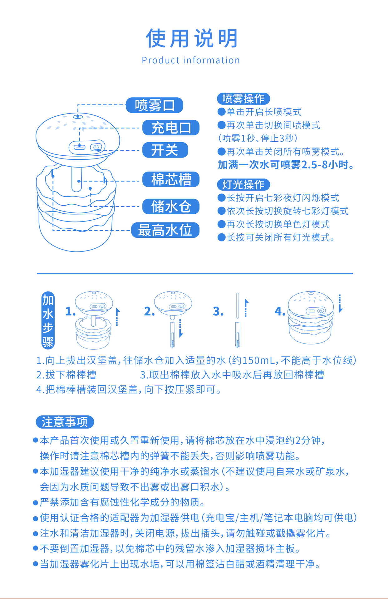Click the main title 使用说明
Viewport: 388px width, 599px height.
tap(191, 38)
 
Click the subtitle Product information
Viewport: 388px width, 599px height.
tap(191, 60)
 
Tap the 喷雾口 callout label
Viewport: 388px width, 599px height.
tap(155, 105)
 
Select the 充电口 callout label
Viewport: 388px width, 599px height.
tap(171, 128)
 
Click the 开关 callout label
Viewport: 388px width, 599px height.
tap(165, 150)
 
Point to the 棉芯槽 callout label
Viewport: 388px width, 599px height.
tap(171, 179)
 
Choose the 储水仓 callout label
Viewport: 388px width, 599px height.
tap(171, 207)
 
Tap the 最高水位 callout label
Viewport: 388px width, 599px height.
tap(165, 230)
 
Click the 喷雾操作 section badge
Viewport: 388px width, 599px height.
tap(243, 99)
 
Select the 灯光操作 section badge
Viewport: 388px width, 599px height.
tap(243, 184)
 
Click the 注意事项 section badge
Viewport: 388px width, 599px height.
tap(65, 422)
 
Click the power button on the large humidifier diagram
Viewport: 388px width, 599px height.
tap(96, 147)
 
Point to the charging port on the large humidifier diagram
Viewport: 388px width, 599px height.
tap(79, 147)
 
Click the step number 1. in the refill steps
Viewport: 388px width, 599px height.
tap(70, 311)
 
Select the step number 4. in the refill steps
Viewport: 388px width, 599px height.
tap(280, 311)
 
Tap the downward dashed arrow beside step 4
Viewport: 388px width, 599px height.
tap(340, 304)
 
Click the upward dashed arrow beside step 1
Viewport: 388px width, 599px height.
tap(117, 317)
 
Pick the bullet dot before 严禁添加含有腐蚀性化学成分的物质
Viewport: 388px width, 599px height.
tap(36, 503)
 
